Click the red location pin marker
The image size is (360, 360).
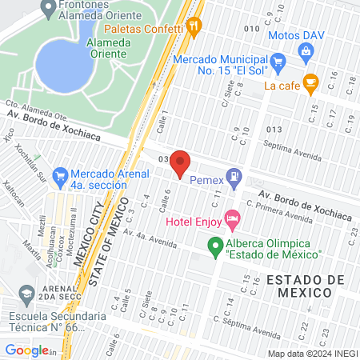(180, 162)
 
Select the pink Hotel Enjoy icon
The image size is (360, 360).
(232, 217)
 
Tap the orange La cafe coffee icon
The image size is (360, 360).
(311, 81)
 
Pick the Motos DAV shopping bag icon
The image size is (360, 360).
(305, 50)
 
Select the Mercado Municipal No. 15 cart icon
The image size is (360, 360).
(278, 61)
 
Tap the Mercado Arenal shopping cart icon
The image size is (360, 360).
(59, 174)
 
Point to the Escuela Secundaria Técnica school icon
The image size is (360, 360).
(26, 294)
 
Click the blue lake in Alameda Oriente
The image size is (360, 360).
(62, 63)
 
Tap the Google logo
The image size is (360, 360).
(28, 350)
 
